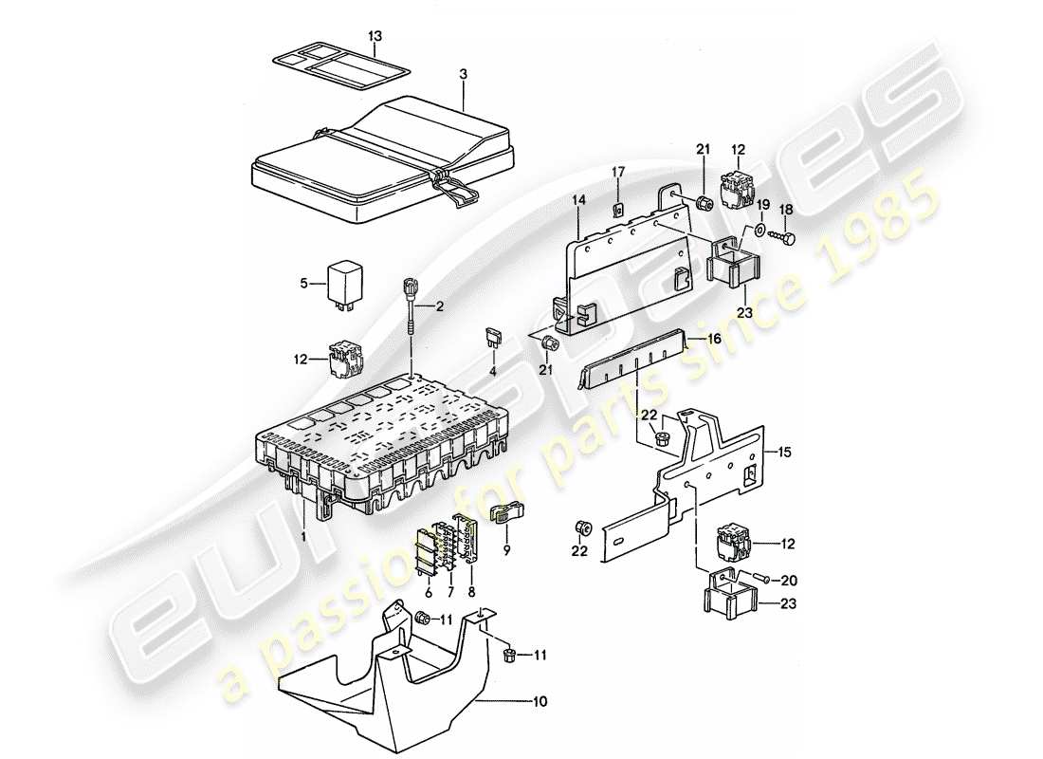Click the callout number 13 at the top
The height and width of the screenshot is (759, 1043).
point(375,36)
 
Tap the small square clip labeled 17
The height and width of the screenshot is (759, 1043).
point(617,210)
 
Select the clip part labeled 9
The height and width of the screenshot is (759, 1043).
point(503,513)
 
